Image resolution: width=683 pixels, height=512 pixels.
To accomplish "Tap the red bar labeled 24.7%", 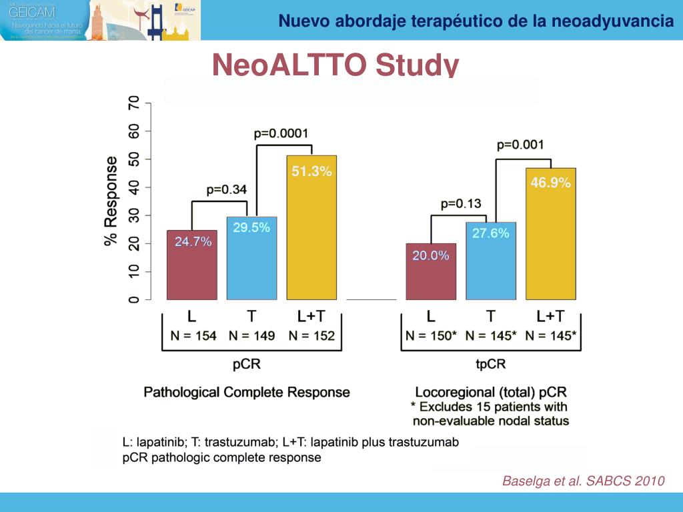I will coord(191,265).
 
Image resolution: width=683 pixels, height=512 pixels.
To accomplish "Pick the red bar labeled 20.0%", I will coord(431,271).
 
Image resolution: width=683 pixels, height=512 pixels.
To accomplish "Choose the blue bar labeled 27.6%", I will coord(491,261).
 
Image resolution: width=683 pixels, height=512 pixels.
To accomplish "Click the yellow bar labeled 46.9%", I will coord(550,233).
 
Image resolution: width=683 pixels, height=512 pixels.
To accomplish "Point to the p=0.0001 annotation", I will coord(281,133).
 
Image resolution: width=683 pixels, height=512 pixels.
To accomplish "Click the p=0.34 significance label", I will coord(226,189).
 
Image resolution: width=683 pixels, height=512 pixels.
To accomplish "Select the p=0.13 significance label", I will coord(461,204).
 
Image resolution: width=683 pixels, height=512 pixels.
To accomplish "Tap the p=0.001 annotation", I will coord(520,145).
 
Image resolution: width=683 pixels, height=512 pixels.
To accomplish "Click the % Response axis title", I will coord(111,201).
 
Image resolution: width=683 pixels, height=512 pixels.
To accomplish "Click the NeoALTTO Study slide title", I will coord(335,65).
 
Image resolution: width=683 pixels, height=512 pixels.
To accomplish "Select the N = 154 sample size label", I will coord(193,336).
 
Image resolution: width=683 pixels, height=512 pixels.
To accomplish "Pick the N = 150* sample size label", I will coord(432,336).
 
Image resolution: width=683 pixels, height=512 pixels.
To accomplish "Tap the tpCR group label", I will coord(491,365).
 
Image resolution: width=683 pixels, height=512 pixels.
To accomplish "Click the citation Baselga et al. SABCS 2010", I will coord(583,481).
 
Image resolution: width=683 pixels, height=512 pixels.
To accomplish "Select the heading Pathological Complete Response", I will coord(247,392).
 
